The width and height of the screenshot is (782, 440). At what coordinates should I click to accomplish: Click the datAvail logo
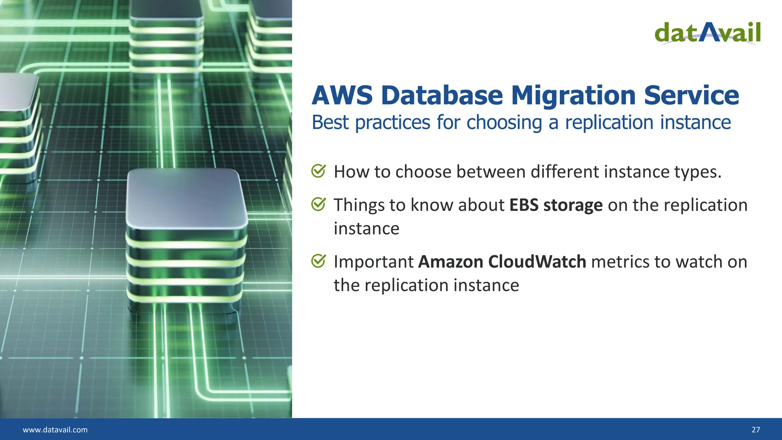[x=707, y=33]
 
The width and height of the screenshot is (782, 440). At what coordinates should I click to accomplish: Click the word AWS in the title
[x=342, y=95]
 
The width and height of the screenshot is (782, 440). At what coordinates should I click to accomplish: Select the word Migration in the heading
[x=574, y=95]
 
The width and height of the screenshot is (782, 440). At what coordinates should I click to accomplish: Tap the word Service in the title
[x=692, y=95]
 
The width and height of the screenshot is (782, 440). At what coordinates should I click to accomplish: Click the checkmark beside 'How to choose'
[x=318, y=171]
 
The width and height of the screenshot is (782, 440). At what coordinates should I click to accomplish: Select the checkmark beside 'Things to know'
[x=318, y=204]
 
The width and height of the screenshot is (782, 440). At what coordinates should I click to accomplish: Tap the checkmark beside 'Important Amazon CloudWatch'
[x=318, y=261]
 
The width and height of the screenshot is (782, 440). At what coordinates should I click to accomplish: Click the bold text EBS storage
[x=556, y=205]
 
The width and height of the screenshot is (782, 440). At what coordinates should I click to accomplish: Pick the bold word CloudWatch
[x=537, y=262]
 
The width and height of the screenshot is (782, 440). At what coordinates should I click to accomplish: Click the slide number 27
[x=756, y=430]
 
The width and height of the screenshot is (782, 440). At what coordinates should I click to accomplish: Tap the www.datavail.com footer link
[x=55, y=430]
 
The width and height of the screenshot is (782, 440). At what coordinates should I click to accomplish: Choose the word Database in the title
[x=442, y=95]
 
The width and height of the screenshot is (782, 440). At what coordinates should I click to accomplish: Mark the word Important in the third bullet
[x=373, y=262]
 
